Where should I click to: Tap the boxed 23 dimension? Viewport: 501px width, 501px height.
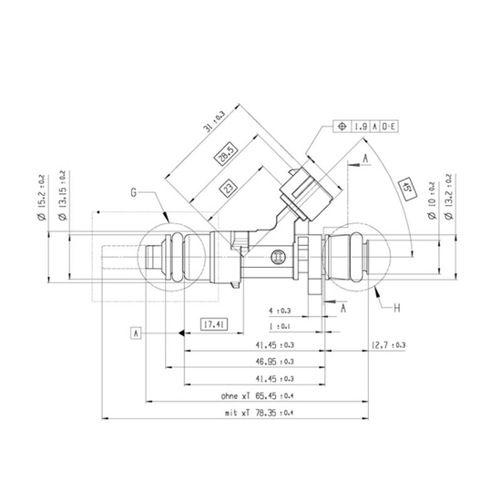pyautogui.click(x=229, y=188)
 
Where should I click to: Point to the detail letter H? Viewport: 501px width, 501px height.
pyautogui.click(x=397, y=308)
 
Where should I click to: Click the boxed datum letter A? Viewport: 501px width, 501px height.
pyautogui.click(x=136, y=333)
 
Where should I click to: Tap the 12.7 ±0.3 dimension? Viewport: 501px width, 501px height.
pyautogui.click(x=388, y=344)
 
